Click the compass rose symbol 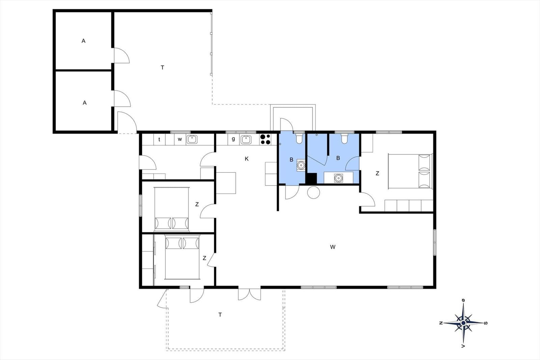click(x=463, y=323)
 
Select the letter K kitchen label click(x=246, y=159)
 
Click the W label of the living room click(x=333, y=247)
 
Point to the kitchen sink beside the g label click(x=246, y=140)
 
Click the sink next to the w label click(x=192, y=140)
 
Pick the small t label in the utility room click(x=159, y=139)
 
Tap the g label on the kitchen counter click(x=233, y=139)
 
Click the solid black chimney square click(x=311, y=178)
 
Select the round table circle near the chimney click(x=314, y=193)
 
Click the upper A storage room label click(x=83, y=41)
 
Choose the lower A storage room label click(x=85, y=103)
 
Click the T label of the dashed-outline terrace click(x=220, y=315)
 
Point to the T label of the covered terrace click(x=162, y=67)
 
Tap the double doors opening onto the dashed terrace click(x=249, y=294)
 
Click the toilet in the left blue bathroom click(x=299, y=139)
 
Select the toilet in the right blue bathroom click(x=344, y=139)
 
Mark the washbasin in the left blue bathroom click(x=301, y=165)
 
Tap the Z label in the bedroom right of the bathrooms click(x=377, y=173)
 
